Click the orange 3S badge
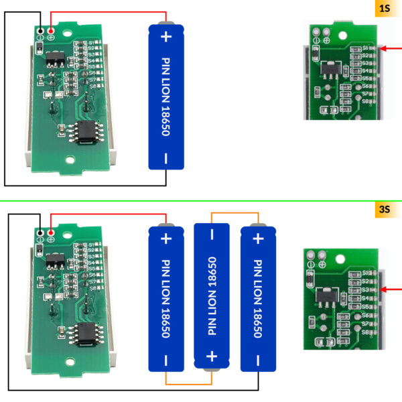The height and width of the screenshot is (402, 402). click(384, 210)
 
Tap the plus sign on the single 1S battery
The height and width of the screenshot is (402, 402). click(166, 37)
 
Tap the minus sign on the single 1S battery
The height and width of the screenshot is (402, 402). click(166, 159)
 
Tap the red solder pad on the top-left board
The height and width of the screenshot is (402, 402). click(51, 31)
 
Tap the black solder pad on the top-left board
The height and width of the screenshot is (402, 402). click(42, 31)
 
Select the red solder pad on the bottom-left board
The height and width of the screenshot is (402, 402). click(51, 231)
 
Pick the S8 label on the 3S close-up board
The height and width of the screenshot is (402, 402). click(366, 332)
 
